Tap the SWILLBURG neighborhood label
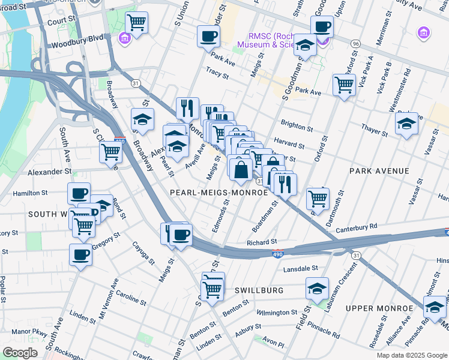[258, 290]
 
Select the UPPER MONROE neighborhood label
[379, 308]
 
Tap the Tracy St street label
[217, 76]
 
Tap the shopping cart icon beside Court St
[137, 23]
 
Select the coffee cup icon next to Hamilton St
[79, 194]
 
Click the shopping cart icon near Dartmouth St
[318, 197]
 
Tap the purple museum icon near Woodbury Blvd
[125, 38]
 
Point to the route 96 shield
[356, 44]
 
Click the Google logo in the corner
[20, 353]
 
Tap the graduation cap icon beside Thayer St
[407, 125]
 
